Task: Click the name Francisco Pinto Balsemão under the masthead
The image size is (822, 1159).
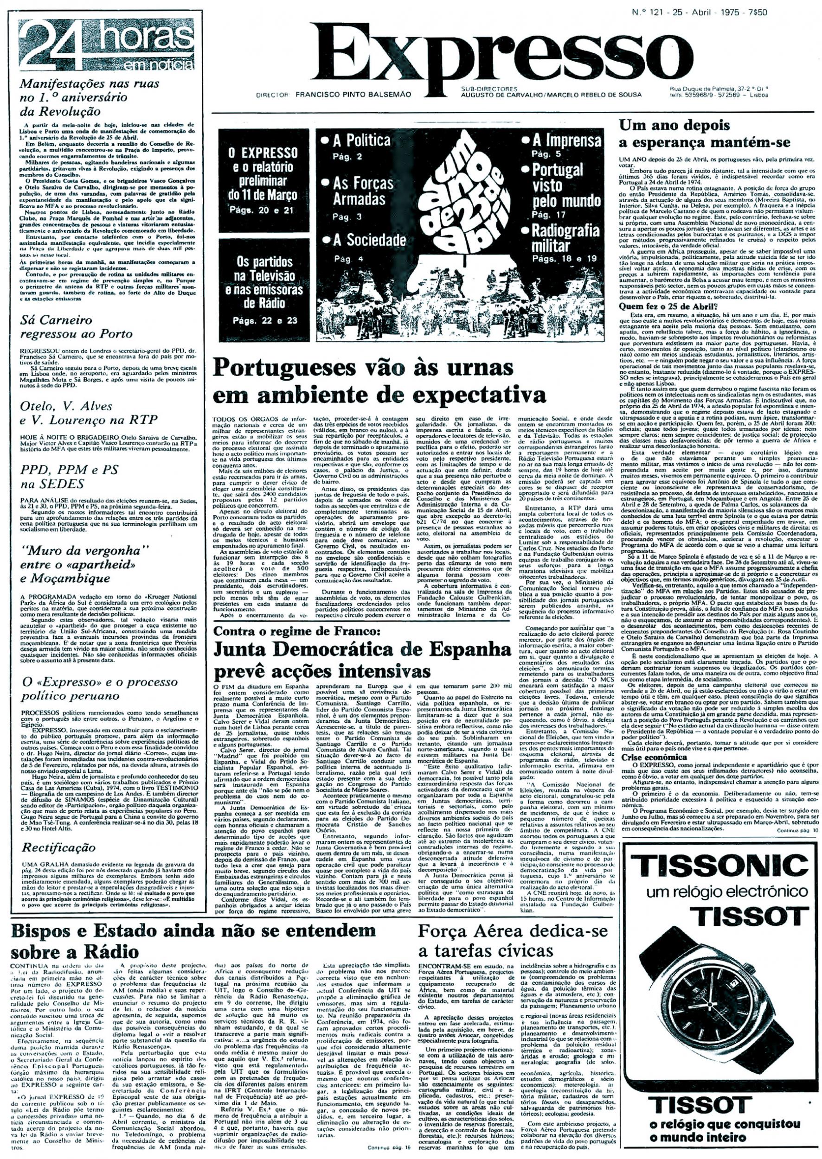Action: (x=353, y=94)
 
